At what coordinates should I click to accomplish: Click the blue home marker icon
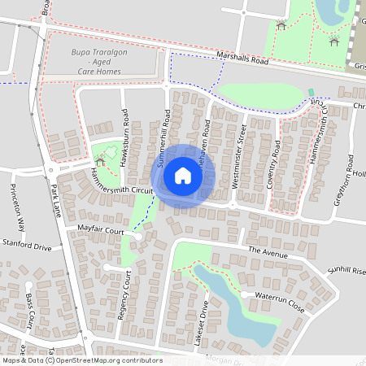(183, 175)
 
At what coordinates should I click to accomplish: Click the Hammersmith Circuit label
(122, 183)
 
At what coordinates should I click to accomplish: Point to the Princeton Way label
(18, 213)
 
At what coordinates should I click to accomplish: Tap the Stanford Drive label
(26, 246)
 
